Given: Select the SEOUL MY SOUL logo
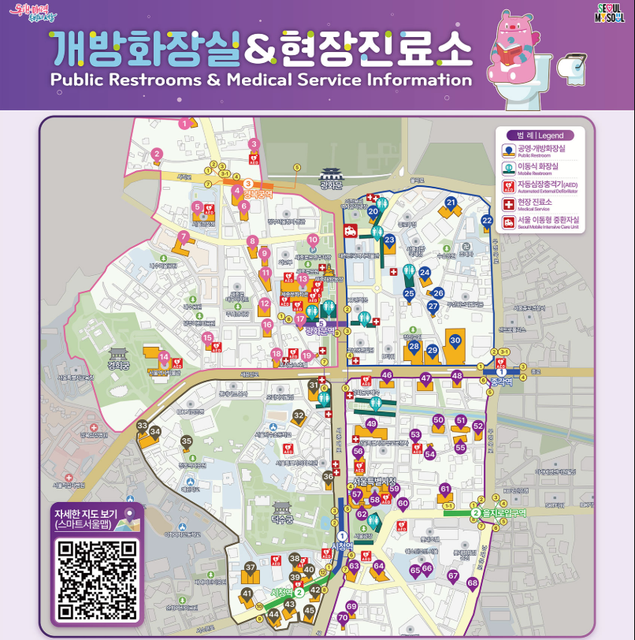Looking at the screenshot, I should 610,14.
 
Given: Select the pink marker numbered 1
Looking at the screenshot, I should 184,123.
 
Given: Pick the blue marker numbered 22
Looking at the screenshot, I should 486,221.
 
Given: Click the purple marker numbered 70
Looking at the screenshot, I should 342,618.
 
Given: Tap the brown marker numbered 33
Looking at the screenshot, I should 142,426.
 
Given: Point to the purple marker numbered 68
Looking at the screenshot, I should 472,583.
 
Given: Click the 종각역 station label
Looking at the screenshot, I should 501,381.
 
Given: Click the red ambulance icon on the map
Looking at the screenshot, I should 349,230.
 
